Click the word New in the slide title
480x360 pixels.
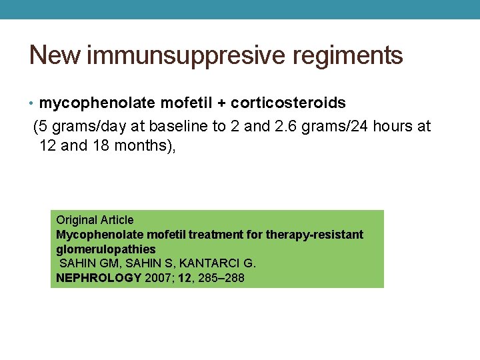coord(55,55)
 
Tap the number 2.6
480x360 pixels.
coord(285,126)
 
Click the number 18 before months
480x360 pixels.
coord(109,145)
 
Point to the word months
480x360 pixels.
coord(148,145)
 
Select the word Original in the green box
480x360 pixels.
coord(76,220)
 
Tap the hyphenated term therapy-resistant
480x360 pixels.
coord(315,235)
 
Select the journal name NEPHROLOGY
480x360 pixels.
coord(99,278)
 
